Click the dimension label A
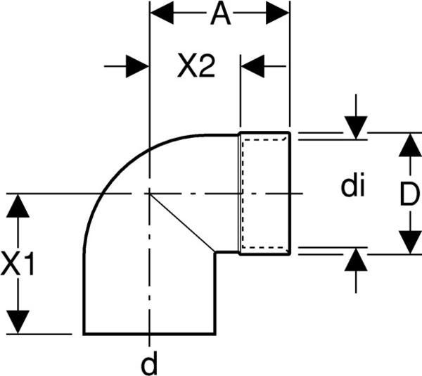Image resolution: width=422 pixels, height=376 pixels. [220, 13]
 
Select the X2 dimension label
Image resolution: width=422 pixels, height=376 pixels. [196, 65]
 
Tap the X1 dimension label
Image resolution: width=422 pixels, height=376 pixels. [18, 263]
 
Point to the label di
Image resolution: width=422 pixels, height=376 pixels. [352, 184]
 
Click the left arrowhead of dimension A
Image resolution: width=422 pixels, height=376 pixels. [162, 13]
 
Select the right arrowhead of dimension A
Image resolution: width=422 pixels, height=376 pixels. [278, 13]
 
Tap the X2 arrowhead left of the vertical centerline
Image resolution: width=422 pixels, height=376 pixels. [137, 66]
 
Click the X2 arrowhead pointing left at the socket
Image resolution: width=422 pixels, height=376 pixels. [252, 66]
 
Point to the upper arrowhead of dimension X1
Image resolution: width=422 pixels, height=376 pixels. [18, 206]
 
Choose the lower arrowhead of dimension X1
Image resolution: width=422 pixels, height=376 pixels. [18, 322]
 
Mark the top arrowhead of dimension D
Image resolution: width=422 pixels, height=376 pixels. [410, 145]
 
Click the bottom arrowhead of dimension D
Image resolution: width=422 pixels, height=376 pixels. [410, 242]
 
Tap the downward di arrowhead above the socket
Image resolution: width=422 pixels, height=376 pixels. [356, 128]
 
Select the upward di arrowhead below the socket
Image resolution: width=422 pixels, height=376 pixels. [356, 259]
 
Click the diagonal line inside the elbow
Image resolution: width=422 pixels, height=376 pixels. [182, 223]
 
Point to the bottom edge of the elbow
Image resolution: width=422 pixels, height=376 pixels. [149, 334]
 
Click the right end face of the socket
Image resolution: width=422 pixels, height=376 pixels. [290, 193]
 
